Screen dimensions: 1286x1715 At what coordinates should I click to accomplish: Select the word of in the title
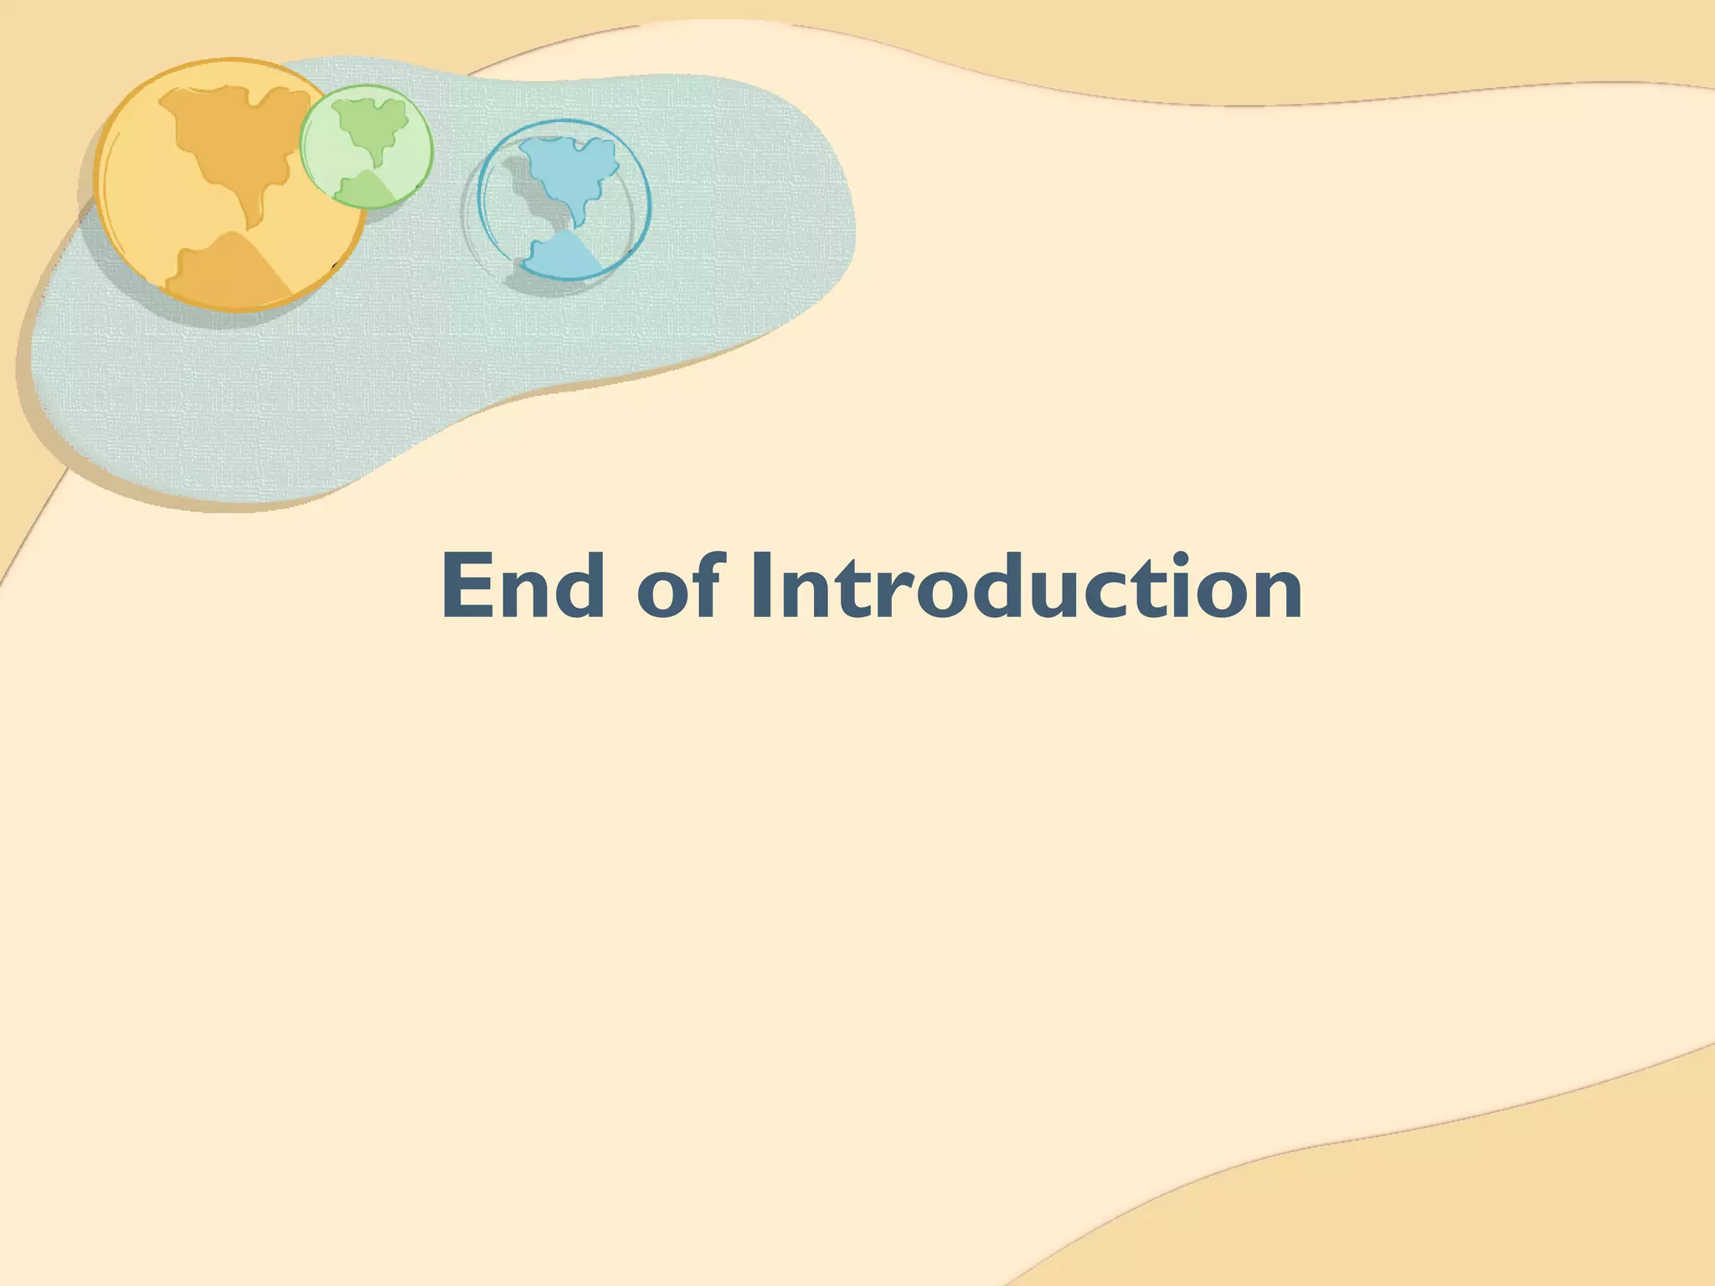[677, 587]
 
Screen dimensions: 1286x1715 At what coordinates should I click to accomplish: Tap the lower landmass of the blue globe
[561, 255]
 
